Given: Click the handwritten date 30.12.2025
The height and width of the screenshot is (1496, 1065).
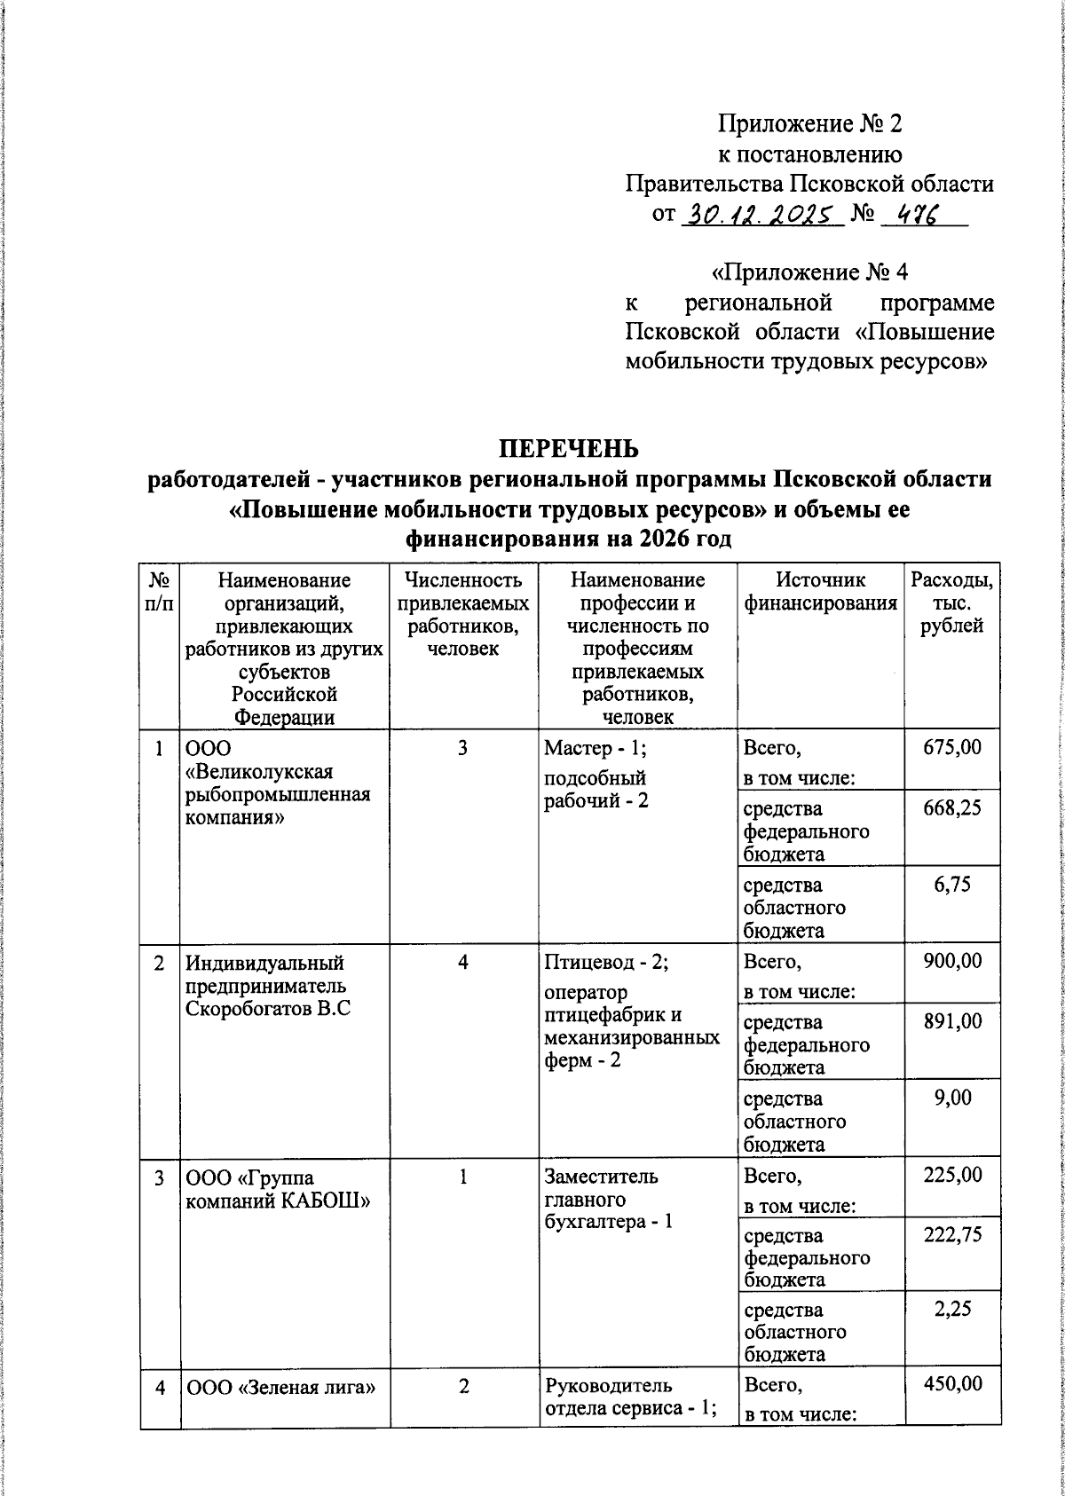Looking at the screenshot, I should coord(759,215).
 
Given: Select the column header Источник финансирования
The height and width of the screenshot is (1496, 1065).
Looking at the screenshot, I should coord(819,592).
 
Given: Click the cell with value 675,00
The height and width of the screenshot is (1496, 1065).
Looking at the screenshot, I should coord(951,747).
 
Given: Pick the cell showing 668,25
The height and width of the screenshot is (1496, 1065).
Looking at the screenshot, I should coord(951,808).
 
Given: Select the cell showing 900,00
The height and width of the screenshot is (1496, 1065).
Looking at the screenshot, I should coord(951,961).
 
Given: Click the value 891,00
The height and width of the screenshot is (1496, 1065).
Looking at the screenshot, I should coord(951,1021).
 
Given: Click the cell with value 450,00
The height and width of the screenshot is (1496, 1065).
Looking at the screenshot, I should coord(951,1383).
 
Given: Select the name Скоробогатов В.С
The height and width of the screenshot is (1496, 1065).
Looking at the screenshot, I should coord(268,1009).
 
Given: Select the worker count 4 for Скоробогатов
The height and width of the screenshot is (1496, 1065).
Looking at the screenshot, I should coord(463,962).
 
